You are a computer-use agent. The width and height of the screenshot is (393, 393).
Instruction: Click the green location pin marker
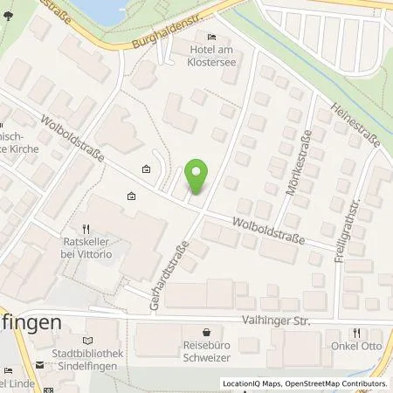pyautogui.click(x=199, y=177)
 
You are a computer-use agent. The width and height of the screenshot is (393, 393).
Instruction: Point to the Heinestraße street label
pyautogui.click(x=352, y=122)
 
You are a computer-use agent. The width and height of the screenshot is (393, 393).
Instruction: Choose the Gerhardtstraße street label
pyautogui.click(x=173, y=260)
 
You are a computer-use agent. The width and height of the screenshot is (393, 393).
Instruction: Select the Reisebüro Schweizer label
pyautogui.click(x=206, y=349)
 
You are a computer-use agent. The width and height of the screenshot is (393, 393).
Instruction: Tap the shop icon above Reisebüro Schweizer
pyautogui.click(x=206, y=332)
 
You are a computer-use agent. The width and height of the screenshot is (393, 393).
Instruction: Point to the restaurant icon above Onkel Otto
pyautogui.click(x=357, y=332)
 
